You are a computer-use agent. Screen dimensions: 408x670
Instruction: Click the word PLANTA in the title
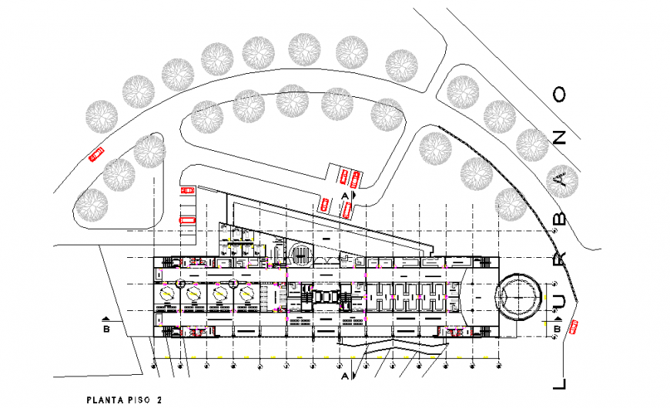106,400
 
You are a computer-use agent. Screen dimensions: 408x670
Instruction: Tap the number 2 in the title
159,400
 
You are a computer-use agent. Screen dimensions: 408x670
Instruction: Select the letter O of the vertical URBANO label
560,95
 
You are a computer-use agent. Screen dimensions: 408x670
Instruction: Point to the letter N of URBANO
560,137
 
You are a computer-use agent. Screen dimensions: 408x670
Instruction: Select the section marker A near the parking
343,197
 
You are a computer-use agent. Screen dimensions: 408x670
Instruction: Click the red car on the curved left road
96,154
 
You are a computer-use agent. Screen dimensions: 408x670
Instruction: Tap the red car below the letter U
574,327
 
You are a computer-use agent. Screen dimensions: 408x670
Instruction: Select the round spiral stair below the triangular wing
301,254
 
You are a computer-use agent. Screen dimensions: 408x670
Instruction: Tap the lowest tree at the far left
92,206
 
